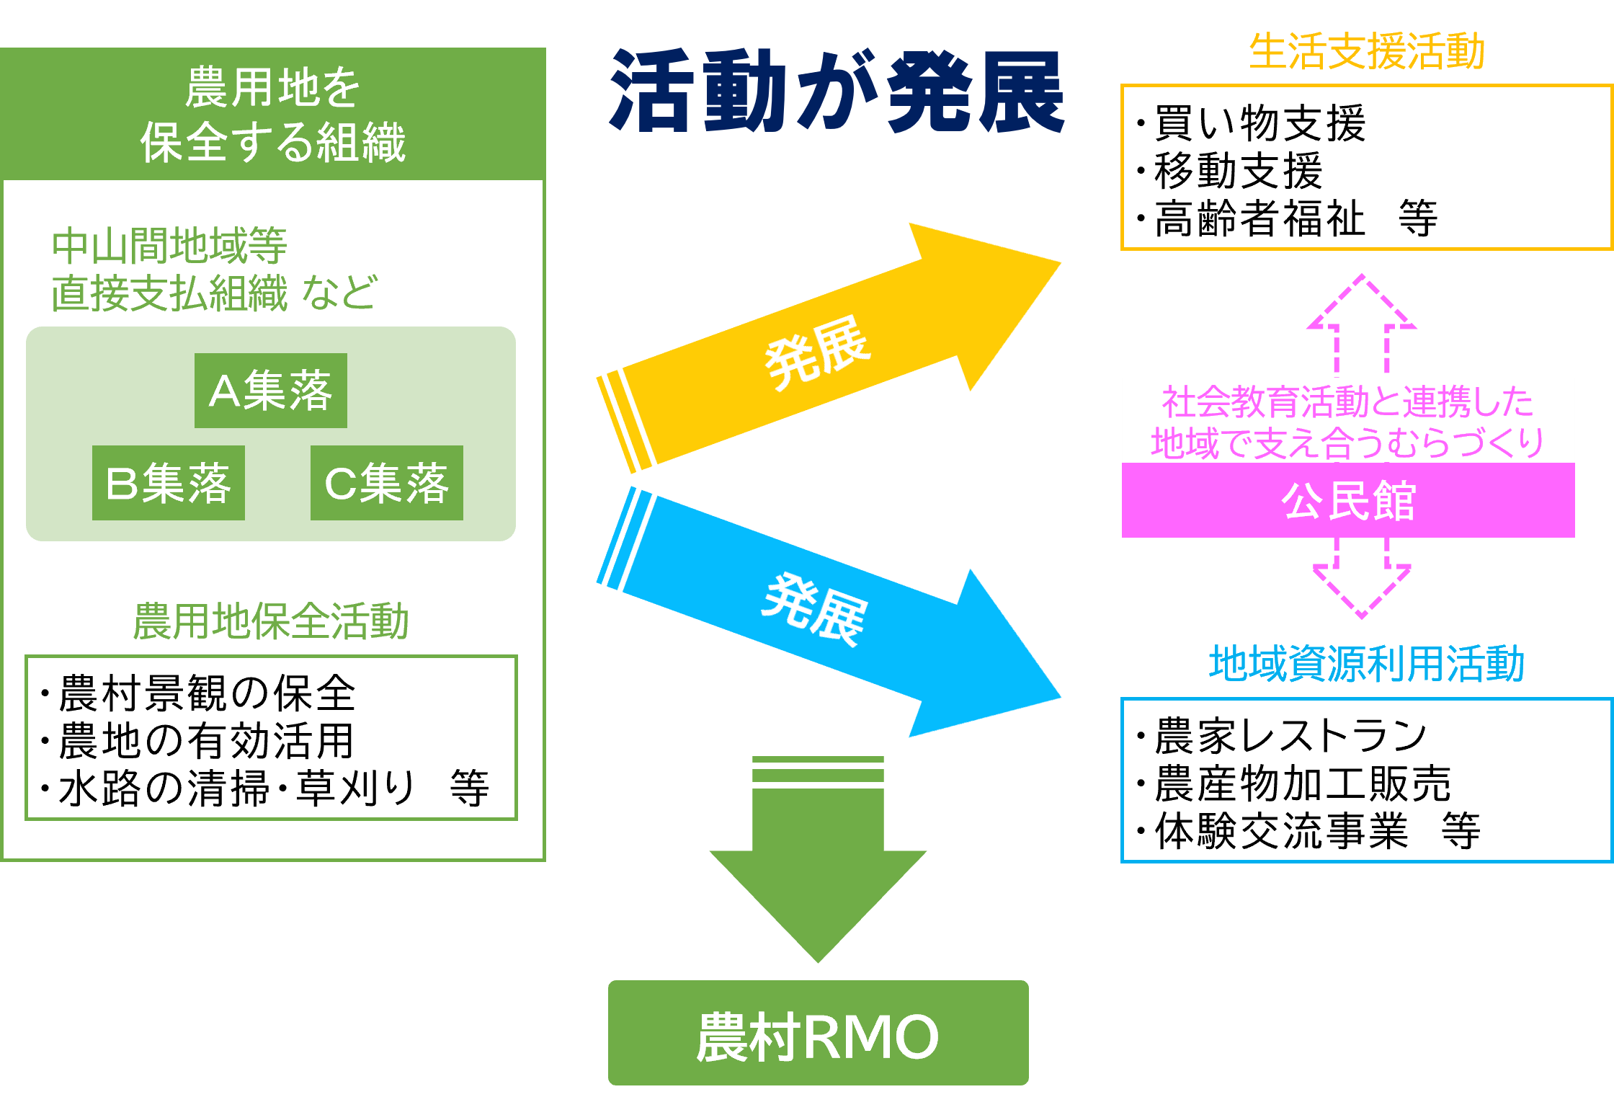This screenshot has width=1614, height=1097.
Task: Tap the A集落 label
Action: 270,391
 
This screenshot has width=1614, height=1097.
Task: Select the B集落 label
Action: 169,484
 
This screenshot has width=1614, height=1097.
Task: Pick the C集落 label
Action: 387,484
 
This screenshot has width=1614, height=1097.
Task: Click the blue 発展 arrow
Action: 829,613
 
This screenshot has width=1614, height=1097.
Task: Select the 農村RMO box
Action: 818,1033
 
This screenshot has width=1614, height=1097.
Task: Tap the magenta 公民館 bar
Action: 1347,500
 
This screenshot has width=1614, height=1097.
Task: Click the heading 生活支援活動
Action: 1367,52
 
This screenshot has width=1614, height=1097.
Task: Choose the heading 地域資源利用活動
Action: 1367,664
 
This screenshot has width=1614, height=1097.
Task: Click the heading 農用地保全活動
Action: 271,621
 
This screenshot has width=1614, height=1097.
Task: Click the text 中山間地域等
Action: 169,246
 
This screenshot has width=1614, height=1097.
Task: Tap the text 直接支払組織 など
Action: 213,293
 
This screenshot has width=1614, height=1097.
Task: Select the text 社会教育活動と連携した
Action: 1347,401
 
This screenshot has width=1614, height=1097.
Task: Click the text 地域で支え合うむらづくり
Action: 1347,443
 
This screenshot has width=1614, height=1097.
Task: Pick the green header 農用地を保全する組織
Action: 272,114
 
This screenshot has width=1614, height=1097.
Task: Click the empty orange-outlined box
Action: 1365,167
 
